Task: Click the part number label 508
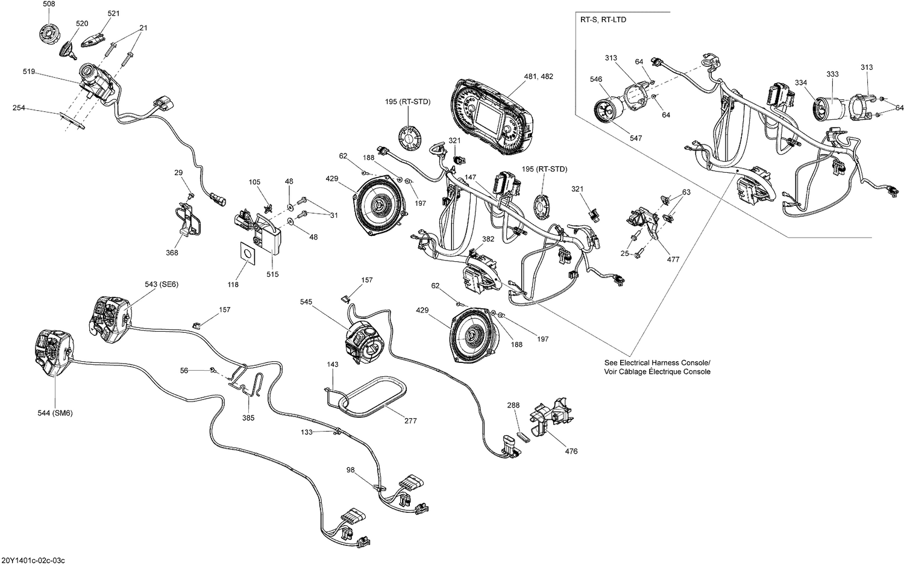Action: pos(49,4)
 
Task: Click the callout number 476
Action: pos(570,451)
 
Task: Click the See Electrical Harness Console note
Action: pos(658,367)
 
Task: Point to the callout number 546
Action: pos(596,79)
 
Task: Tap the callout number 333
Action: pos(832,73)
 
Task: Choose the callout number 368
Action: pos(172,253)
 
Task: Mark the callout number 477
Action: pos(673,259)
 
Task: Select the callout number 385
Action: pos(248,417)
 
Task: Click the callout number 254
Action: pos(19,108)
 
